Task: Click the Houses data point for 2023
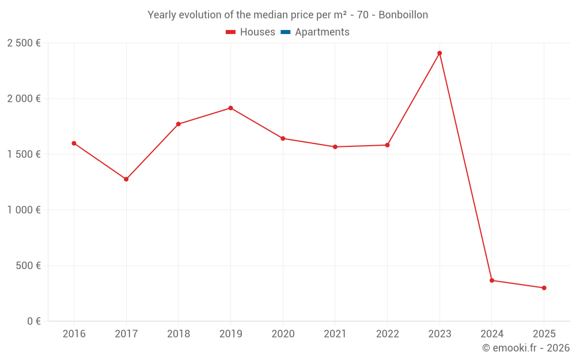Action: coord(439,53)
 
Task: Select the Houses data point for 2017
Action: coord(126,179)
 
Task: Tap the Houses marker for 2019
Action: coord(230,108)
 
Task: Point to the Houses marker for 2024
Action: coord(491,281)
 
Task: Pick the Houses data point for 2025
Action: coord(544,288)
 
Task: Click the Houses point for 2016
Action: coord(74,143)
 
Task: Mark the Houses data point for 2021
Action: coord(335,147)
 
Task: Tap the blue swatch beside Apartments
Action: coord(285,32)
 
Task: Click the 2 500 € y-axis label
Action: coord(24,43)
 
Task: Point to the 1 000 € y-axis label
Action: coord(24,210)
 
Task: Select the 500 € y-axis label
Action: coord(28,266)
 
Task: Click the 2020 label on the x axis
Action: coord(283,334)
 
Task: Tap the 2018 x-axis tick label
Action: coord(179,334)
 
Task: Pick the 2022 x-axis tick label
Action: coord(387,334)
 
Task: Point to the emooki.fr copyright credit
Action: coord(526,348)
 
